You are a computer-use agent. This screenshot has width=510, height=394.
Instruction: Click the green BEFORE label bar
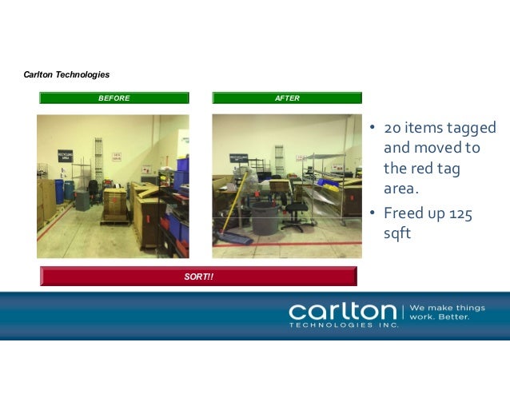coord(114,98)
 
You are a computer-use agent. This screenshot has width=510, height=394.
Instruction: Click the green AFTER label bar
coord(287,98)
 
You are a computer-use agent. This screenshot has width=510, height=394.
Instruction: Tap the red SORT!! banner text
coord(199,277)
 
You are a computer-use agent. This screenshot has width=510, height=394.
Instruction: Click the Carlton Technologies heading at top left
coord(67,74)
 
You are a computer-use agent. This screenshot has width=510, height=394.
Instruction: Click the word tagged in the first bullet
coord(471,129)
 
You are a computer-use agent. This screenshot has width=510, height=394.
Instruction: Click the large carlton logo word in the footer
coord(342,311)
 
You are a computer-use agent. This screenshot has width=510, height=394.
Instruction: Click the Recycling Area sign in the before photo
coord(66,155)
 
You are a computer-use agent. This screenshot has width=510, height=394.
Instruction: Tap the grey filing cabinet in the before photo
coord(82,199)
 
